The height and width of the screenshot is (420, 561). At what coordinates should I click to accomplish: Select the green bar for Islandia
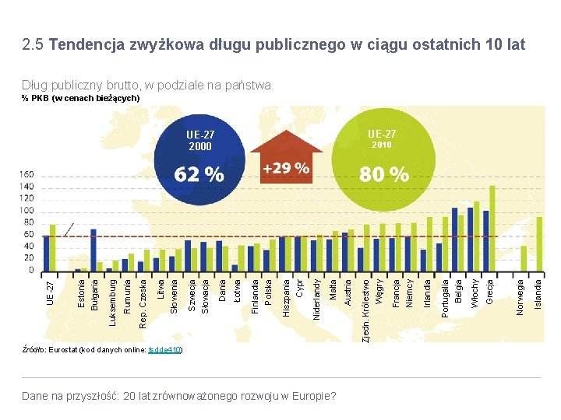[x=539, y=243]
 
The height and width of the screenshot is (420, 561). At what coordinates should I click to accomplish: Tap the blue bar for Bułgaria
[x=93, y=250]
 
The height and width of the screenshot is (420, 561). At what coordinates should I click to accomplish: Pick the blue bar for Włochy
[x=470, y=240]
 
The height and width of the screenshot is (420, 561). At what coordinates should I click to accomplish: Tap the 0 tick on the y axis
[x=31, y=271]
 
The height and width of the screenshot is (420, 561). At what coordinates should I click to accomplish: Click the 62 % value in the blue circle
[x=199, y=174]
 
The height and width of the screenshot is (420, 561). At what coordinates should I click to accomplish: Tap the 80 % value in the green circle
[x=383, y=174]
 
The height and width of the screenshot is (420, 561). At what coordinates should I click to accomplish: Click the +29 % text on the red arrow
[x=285, y=168]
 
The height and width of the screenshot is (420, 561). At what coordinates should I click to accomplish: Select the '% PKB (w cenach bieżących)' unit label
[x=80, y=98]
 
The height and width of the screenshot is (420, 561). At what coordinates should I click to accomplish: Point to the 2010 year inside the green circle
[x=382, y=145]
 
